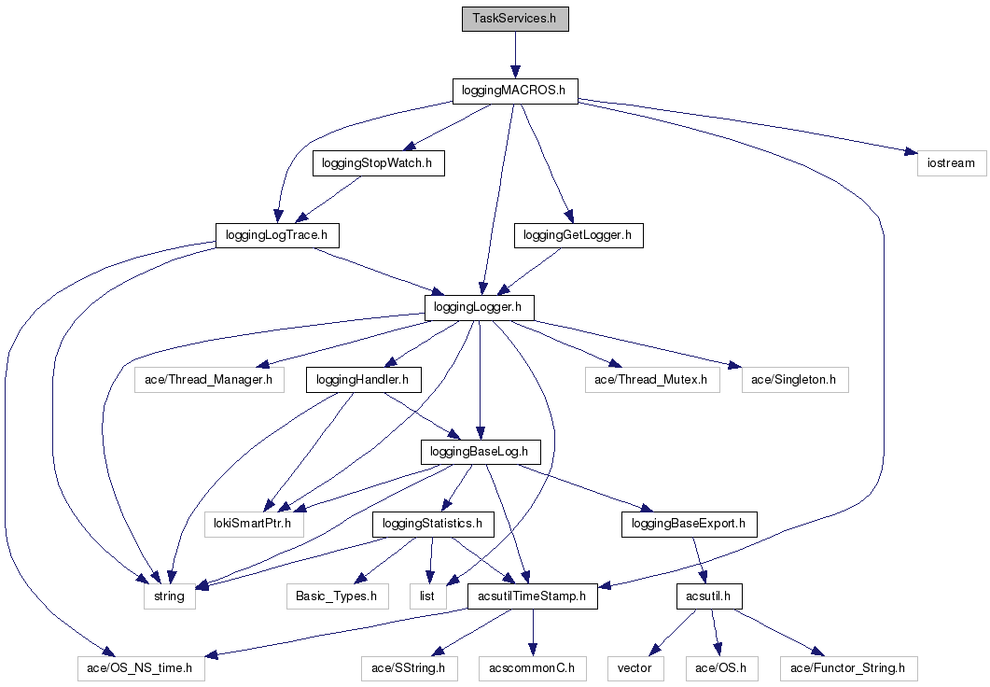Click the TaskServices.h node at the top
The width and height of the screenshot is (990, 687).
[x=515, y=19]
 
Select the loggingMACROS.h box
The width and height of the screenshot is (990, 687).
[x=515, y=91]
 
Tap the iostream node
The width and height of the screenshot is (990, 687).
[x=951, y=163]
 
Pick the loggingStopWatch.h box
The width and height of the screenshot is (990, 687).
[x=378, y=163]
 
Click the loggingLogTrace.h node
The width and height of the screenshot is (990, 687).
[x=276, y=235]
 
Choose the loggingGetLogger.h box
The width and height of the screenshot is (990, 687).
[x=579, y=235]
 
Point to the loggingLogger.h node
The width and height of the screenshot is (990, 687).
[x=480, y=306]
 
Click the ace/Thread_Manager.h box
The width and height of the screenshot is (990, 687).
[x=209, y=380]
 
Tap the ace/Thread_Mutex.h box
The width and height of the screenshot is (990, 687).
[x=652, y=380]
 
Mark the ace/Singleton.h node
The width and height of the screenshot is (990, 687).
[x=795, y=380]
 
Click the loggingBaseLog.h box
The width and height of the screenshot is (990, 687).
[x=480, y=453]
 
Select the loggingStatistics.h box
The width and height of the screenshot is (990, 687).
[x=433, y=525]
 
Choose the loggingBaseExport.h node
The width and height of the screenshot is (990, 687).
[x=689, y=525]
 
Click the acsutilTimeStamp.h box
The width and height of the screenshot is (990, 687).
[x=531, y=596]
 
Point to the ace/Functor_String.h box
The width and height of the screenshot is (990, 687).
[x=848, y=668]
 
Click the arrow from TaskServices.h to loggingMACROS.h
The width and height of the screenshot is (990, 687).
[x=515, y=54]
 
